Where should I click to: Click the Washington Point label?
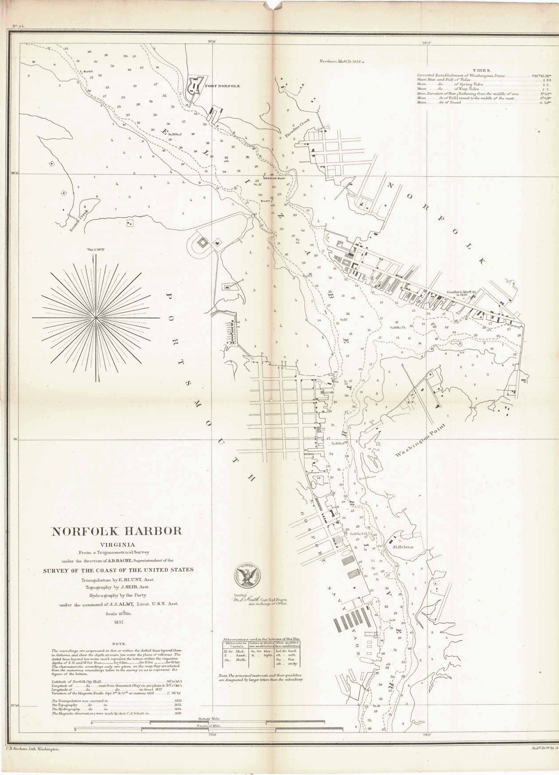pyautogui.click(x=421, y=440)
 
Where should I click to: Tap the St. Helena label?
pyautogui.click(x=402, y=547)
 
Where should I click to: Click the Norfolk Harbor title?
pyautogui.click(x=117, y=531)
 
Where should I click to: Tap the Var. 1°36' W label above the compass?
pyautogui.click(x=96, y=250)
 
